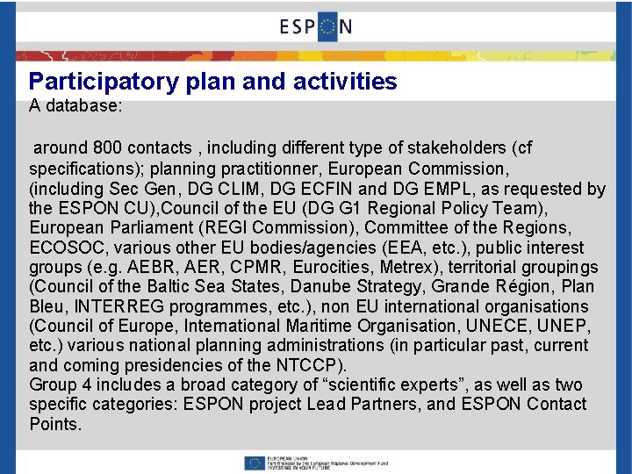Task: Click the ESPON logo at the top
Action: point(316,25)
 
